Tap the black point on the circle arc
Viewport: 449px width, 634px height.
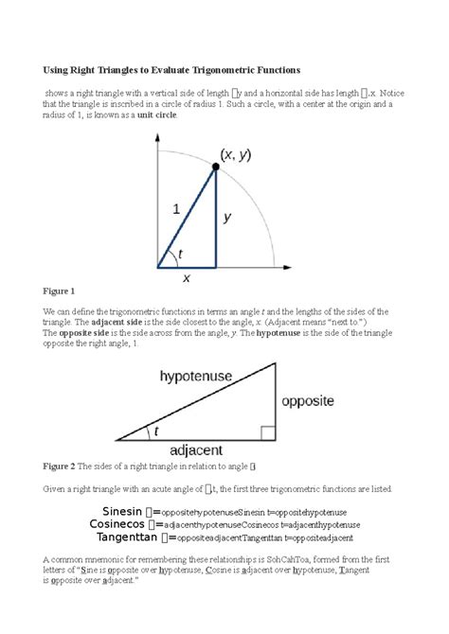click(215, 167)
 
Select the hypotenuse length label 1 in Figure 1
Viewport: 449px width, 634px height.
click(176, 212)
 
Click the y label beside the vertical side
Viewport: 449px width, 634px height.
click(227, 217)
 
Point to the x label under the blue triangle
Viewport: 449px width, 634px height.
click(187, 278)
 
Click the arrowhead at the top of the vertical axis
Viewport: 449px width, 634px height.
click(158, 137)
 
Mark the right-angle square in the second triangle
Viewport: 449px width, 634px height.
click(268, 433)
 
